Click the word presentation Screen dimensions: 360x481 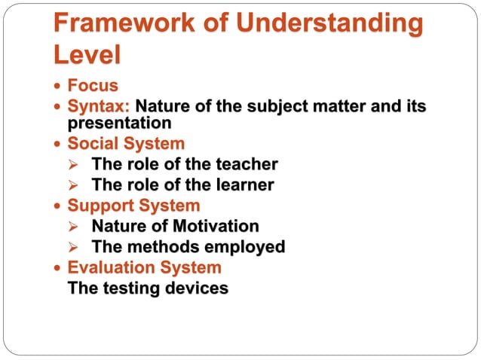(x=120, y=123)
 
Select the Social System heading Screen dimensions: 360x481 (x=126, y=143)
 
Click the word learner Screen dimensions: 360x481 (x=242, y=185)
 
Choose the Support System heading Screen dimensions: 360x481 (x=133, y=205)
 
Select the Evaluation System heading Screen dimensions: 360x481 (x=145, y=267)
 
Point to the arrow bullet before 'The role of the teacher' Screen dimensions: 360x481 (x=73, y=164)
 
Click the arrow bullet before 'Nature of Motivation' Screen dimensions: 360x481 (x=73, y=227)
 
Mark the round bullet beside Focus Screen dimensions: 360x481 (x=59, y=87)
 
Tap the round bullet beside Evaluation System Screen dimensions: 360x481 (x=59, y=268)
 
